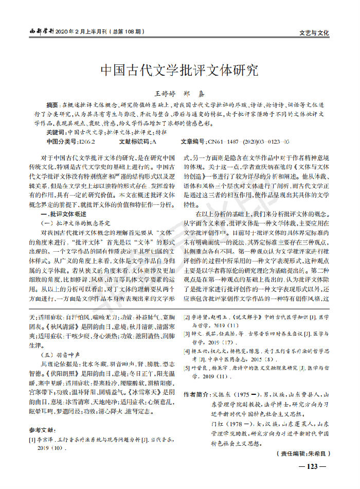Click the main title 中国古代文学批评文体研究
coord(179,71)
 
